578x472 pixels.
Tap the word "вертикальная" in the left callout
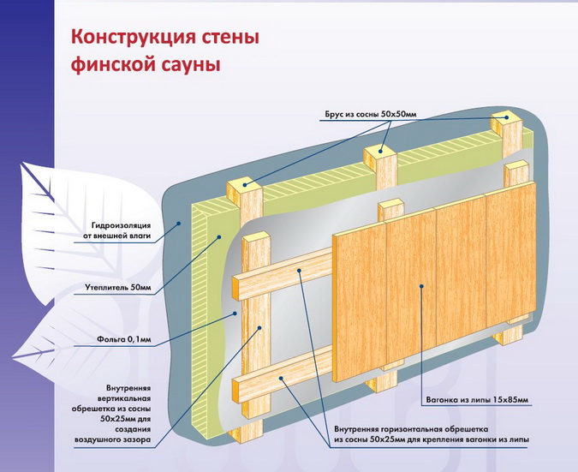122,398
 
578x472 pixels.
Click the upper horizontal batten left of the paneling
283,271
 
